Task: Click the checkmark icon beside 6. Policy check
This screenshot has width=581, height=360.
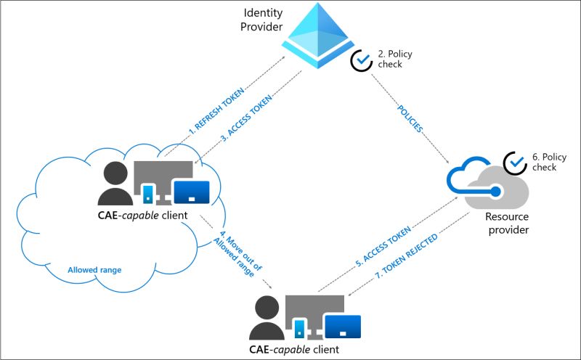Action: click(x=516, y=163)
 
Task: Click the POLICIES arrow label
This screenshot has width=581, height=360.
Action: click(x=410, y=120)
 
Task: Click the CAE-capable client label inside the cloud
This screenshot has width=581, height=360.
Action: click(x=143, y=215)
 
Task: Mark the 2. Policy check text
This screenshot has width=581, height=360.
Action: click(x=390, y=60)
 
